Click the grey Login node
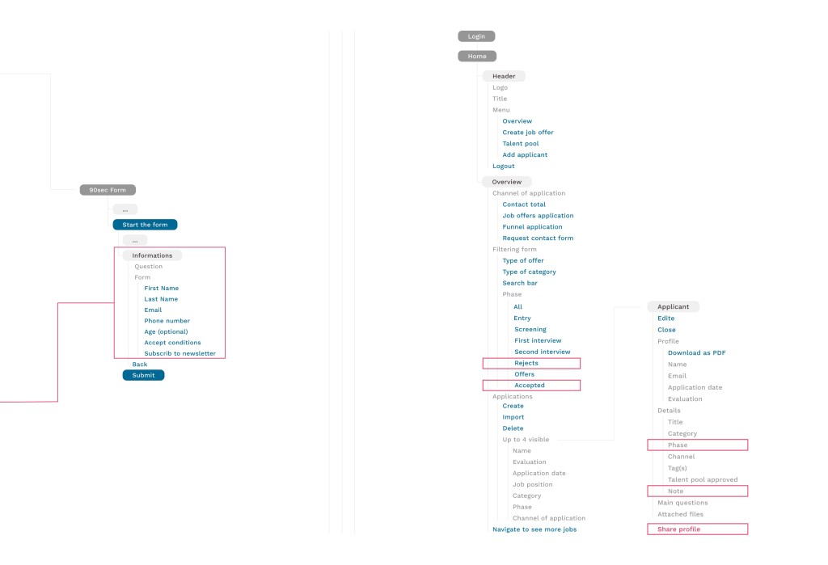[x=476, y=36]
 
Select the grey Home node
[x=477, y=56]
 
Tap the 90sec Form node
[x=108, y=190]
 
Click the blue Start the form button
[x=146, y=225]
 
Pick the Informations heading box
[x=152, y=255]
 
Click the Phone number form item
[x=167, y=321]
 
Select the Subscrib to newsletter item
[x=180, y=354]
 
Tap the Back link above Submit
[x=140, y=365]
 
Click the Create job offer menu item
[x=528, y=133]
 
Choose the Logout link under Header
[x=503, y=167]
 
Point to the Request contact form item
[x=538, y=238]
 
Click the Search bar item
[x=520, y=283]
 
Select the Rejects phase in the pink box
[x=526, y=363]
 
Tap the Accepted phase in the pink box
[x=530, y=386]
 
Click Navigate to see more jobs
[x=534, y=529]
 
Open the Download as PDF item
[x=696, y=352]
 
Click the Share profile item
[x=678, y=529]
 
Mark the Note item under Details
[x=675, y=491]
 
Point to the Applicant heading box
[x=674, y=307]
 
